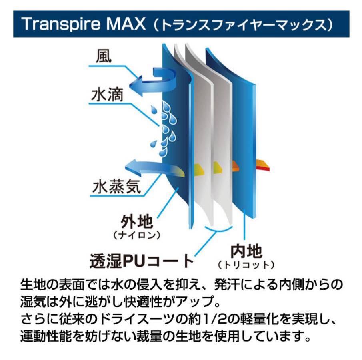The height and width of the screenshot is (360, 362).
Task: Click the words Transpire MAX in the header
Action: [84, 24]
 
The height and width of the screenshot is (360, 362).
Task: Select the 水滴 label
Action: [107, 95]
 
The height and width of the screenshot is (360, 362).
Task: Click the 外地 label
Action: [137, 221]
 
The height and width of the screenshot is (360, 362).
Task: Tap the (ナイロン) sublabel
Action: [137, 235]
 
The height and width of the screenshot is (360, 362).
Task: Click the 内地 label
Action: [246, 251]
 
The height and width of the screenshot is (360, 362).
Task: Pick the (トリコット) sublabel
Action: [246, 265]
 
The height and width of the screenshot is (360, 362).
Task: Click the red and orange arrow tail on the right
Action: [263, 165]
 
